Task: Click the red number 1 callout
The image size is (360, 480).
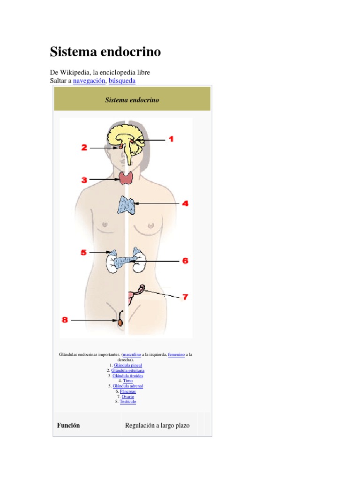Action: pos(171,139)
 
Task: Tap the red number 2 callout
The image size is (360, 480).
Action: pos(84,148)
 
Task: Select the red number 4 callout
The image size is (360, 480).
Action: pos(185,203)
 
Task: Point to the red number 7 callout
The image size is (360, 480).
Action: pos(185,297)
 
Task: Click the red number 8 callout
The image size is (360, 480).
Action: pos(65,320)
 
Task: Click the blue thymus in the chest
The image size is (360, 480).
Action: pos(126,205)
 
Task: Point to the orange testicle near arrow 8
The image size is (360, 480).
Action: pos(120,323)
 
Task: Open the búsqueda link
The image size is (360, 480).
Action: pos(122,81)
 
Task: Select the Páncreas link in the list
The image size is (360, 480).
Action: pos(127,391)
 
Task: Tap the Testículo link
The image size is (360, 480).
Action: pos(127,402)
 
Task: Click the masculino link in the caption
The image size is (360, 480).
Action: pos(132,355)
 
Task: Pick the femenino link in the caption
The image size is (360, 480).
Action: pos(176,355)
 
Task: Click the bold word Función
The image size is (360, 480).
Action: pos(68,426)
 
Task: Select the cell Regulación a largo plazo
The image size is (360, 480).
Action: pos(157,426)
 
